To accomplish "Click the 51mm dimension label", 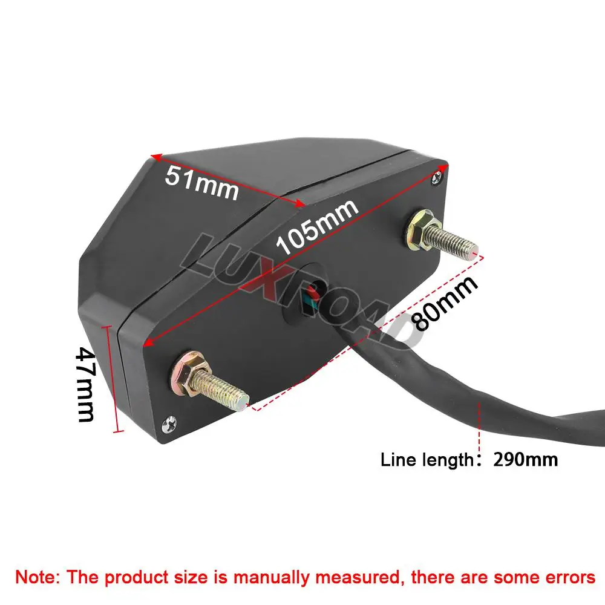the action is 202,183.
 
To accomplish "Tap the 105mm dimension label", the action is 317,227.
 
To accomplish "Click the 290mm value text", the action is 526,460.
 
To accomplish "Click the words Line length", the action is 427,460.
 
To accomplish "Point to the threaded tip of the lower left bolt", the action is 243,403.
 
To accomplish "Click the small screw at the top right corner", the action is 437,178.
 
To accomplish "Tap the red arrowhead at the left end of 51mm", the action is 155,156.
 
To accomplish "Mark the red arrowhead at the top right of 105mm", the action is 443,168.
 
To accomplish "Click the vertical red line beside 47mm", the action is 115,379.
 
